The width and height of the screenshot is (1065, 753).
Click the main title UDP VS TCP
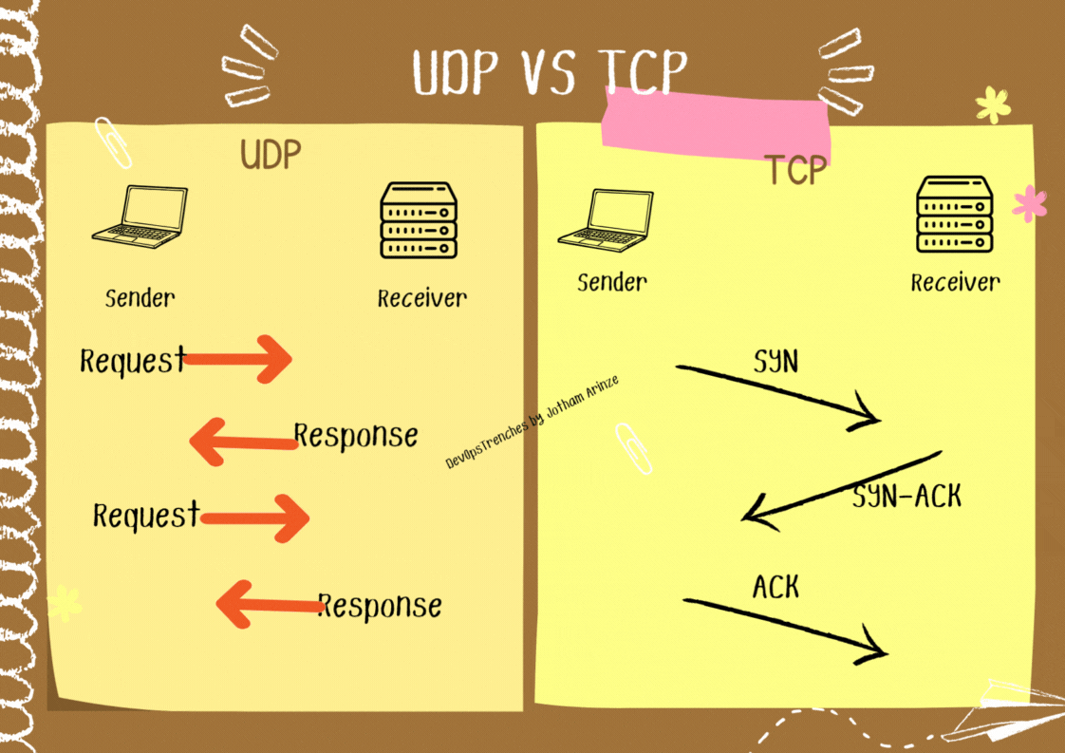coord(550,71)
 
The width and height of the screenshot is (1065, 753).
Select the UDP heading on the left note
coord(271,156)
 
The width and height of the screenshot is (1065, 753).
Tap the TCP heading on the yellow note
coord(795,170)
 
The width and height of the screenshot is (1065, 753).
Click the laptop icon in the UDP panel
coord(140,217)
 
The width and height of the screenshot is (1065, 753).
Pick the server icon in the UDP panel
coord(419,220)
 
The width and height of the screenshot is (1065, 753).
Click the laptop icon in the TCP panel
coord(606,220)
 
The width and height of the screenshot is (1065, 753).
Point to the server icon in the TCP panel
coord(954,216)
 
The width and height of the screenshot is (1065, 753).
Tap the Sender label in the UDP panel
coord(140,297)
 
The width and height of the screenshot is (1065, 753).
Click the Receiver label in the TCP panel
coord(955,282)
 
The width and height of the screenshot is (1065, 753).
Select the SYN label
coord(775,361)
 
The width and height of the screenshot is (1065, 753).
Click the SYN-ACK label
coord(906,496)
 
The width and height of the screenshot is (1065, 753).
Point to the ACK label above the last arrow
coord(775,588)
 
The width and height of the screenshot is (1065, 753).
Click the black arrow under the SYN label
coord(778,393)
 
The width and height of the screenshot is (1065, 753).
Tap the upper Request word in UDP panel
coord(132,361)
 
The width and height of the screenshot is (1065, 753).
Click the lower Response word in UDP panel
coord(380,605)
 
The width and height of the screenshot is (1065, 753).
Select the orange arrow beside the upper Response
coord(242,440)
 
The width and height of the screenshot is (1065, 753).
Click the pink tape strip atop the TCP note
coord(717,123)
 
